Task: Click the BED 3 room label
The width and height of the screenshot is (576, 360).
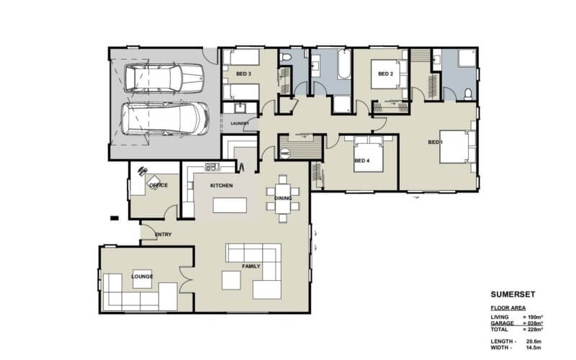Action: coord(243,73)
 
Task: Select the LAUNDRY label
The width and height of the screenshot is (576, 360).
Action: coord(239,123)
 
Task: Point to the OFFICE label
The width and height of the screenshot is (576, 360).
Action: coord(158,185)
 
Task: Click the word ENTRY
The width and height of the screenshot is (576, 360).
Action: coord(163,234)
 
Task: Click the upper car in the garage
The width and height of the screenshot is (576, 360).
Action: coord(163,78)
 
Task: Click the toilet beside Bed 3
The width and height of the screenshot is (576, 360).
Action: coord(285,58)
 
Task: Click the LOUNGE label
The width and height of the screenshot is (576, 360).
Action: coord(142,276)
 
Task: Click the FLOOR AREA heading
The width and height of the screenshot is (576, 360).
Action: coord(508,307)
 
